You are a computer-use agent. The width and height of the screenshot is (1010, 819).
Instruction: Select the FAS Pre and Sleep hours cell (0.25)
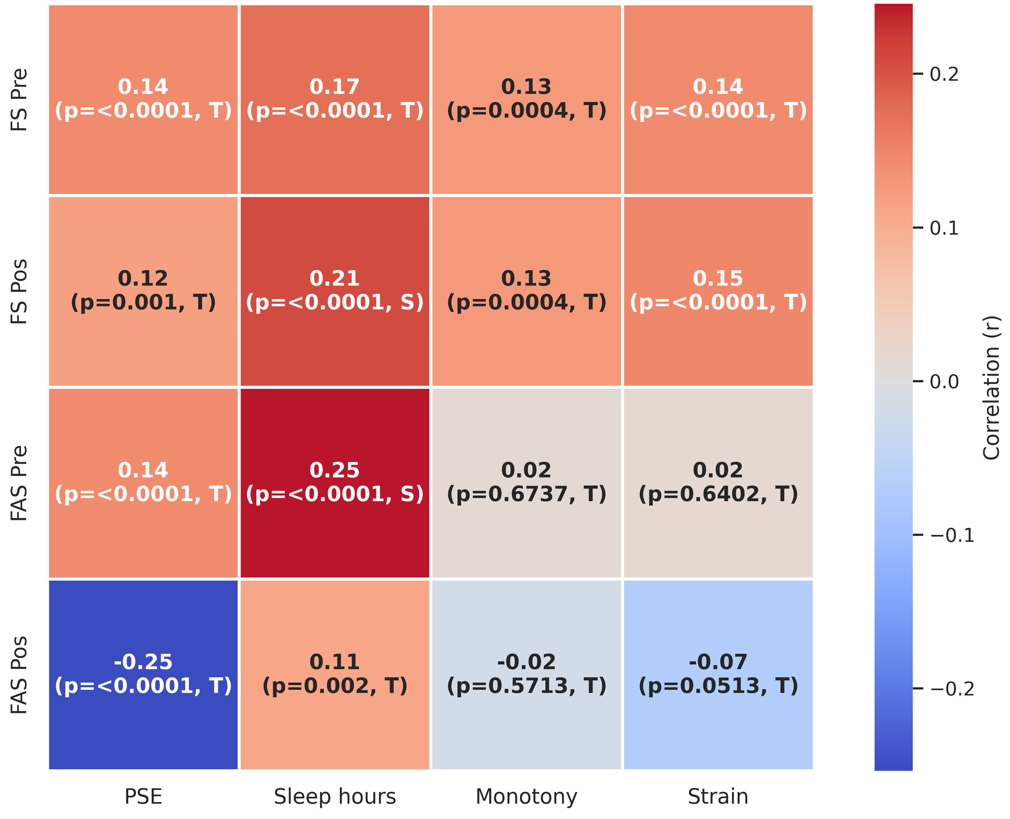click(335, 482)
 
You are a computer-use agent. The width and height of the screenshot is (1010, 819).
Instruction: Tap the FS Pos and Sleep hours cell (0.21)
click(335, 291)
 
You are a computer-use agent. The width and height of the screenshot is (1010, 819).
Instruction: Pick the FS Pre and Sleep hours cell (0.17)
click(335, 99)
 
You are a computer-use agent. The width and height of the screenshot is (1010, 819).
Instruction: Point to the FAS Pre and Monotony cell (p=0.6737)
click(526, 482)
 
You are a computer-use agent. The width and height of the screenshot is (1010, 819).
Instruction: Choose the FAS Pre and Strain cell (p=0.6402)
click(718, 482)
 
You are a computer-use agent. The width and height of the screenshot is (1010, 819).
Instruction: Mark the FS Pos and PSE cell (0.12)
click(143, 291)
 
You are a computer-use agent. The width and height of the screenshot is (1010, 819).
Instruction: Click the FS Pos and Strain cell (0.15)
click(718, 291)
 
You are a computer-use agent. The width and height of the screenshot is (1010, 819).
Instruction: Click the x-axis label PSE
click(143, 796)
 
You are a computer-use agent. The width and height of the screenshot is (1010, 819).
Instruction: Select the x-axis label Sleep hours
click(335, 796)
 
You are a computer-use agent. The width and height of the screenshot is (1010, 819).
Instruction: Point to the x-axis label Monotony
click(526, 796)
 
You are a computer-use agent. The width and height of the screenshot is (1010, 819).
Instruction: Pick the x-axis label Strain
click(718, 796)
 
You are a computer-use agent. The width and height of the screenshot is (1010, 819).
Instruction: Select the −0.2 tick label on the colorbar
click(952, 688)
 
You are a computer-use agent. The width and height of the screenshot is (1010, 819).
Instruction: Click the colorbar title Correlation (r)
click(991, 387)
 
